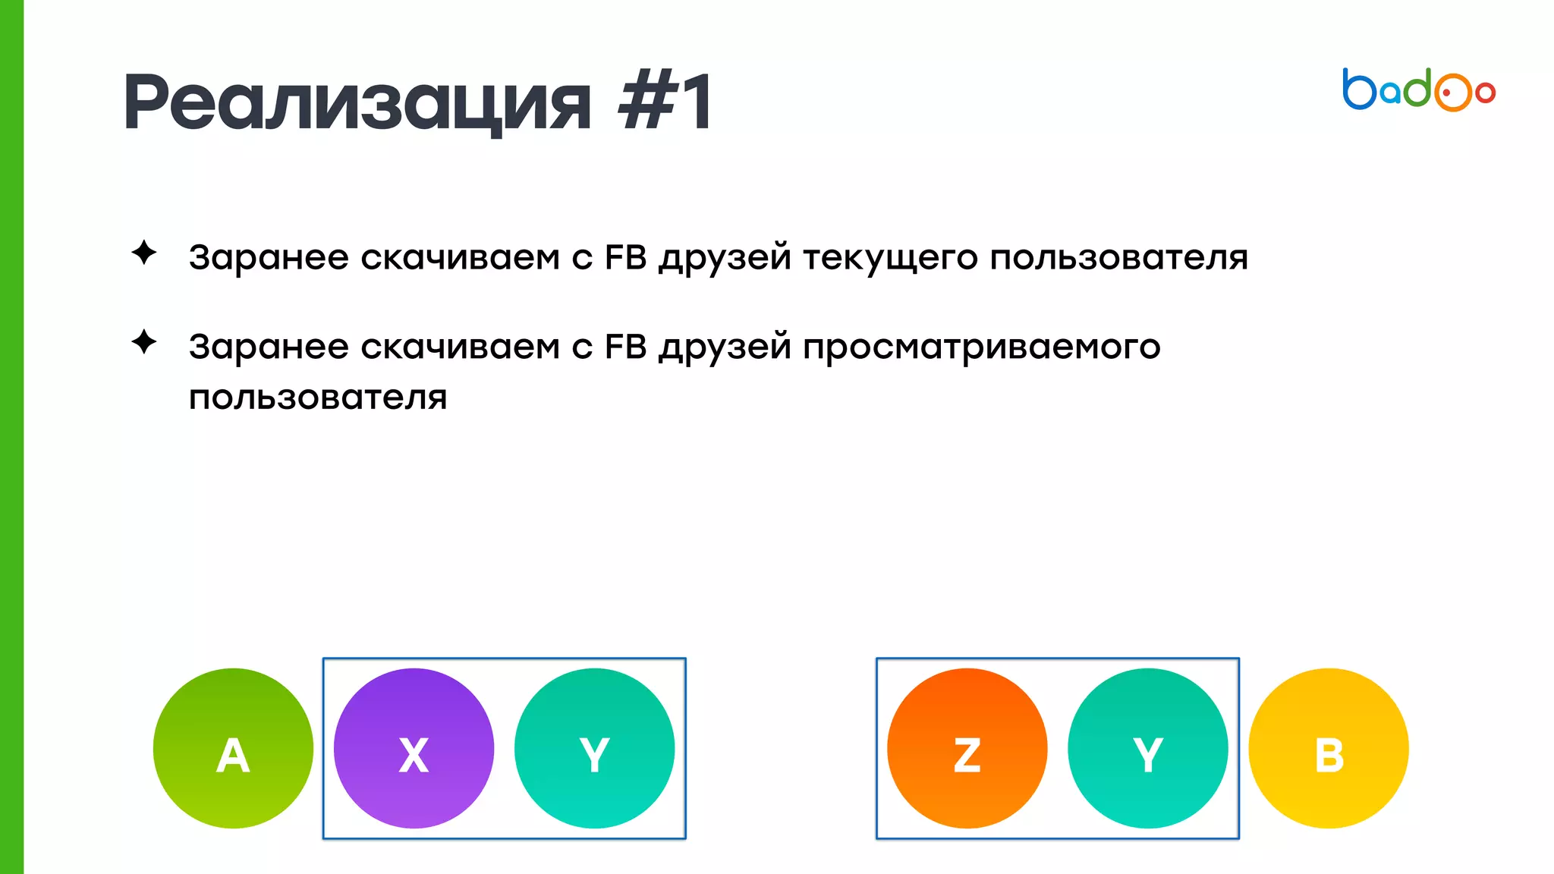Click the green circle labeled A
(x=233, y=748)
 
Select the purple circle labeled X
(x=414, y=748)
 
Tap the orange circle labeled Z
(x=967, y=748)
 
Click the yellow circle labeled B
(x=1329, y=748)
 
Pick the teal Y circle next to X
(x=594, y=748)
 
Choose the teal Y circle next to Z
(x=1147, y=748)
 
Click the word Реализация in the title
(x=357, y=102)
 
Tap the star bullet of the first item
(x=144, y=253)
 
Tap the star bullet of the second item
(x=144, y=342)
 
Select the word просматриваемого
(x=981, y=347)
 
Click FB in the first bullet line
(x=625, y=257)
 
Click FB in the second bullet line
(x=625, y=347)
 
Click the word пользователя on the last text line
(x=318, y=398)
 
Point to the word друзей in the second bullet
(x=725, y=347)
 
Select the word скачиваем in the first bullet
(x=460, y=257)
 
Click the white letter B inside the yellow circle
(x=1329, y=756)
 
